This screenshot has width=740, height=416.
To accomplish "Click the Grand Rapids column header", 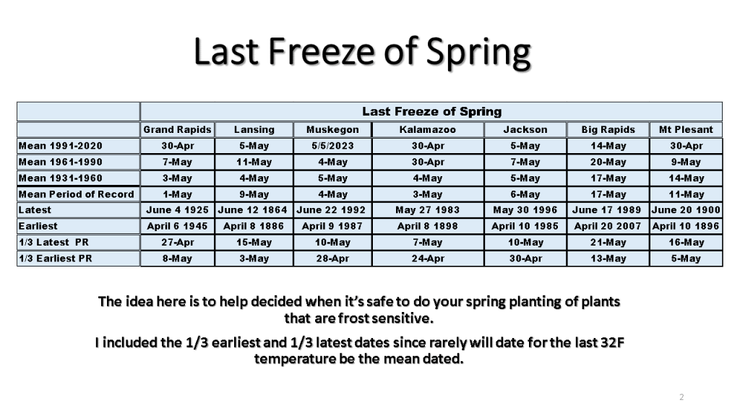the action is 178,130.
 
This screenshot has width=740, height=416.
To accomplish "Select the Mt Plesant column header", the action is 686,130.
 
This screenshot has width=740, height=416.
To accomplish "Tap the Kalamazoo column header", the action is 428,130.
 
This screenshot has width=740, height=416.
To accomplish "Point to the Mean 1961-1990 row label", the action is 61,162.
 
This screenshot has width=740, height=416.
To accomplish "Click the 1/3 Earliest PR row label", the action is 55,259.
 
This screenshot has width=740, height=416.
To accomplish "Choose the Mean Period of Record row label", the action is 76,194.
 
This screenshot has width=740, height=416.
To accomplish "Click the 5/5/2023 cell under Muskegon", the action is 332,146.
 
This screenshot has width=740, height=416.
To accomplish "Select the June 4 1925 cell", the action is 178,210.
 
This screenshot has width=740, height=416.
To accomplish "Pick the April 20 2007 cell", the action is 607,226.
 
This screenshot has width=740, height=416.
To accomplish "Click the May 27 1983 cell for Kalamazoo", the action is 428,210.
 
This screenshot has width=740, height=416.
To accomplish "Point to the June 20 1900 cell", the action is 686,210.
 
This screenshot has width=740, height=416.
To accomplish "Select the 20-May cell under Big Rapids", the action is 608,162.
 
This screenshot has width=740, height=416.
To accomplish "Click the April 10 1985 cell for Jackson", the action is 525,226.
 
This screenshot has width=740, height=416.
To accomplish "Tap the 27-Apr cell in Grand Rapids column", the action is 178,243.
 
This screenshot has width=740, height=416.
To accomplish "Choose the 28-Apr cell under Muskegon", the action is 332,259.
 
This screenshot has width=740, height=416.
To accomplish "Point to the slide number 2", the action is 681,397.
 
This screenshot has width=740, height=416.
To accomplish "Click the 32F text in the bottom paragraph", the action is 612,342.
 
